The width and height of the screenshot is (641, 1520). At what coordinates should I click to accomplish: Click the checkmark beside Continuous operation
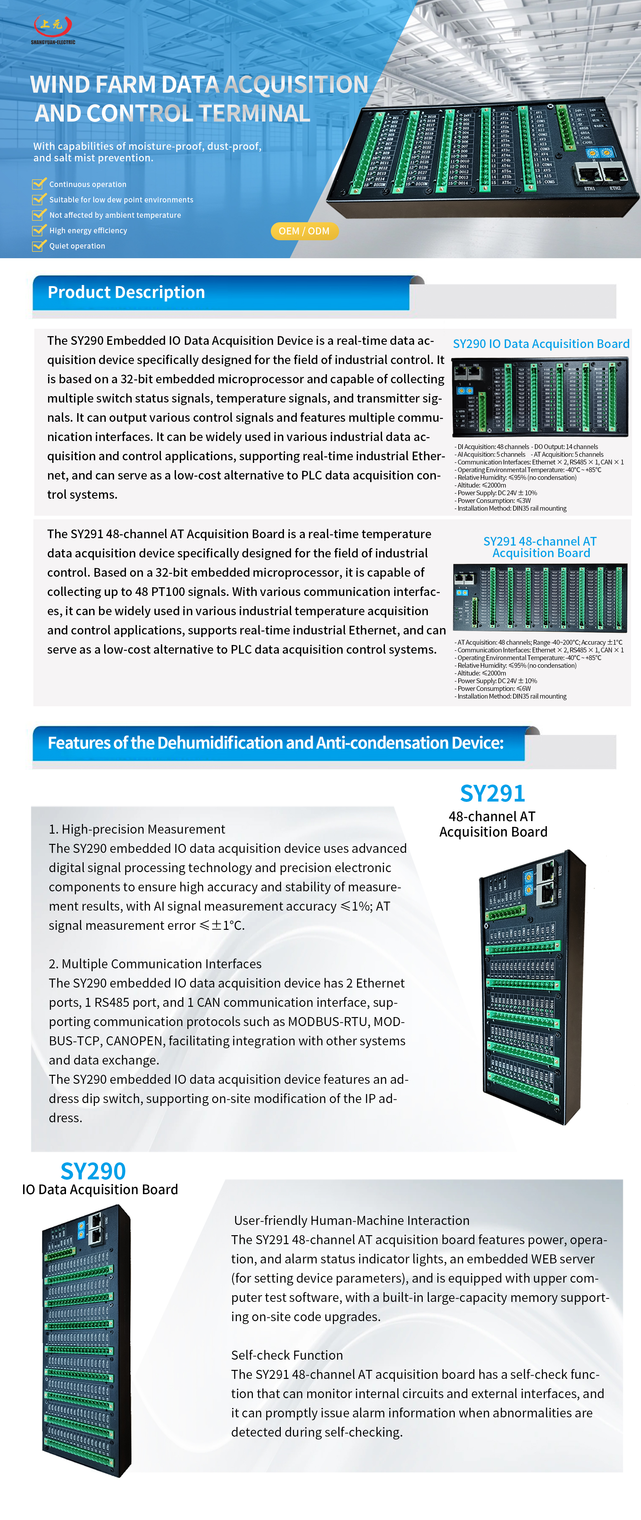[39, 184]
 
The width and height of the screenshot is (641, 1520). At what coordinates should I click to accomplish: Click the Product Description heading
[126, 293]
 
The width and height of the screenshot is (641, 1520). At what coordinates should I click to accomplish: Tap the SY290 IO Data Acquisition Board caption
[541, 344]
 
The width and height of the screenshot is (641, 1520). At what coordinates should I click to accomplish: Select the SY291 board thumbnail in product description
[540, 598]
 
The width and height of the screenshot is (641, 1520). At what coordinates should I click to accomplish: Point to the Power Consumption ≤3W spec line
[494, 500]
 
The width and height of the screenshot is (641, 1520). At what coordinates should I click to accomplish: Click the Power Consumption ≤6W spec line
[494, 689]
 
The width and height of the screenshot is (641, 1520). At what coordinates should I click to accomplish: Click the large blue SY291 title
[492, 794]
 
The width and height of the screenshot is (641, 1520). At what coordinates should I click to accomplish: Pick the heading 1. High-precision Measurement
[137, 829]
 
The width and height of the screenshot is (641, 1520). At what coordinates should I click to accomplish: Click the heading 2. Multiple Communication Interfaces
[155, 964]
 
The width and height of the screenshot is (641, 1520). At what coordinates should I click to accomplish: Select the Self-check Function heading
[287, 1355]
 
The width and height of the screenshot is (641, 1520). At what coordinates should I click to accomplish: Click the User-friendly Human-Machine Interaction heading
[352, 1220]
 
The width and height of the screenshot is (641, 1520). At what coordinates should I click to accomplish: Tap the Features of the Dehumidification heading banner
[275, 743]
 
